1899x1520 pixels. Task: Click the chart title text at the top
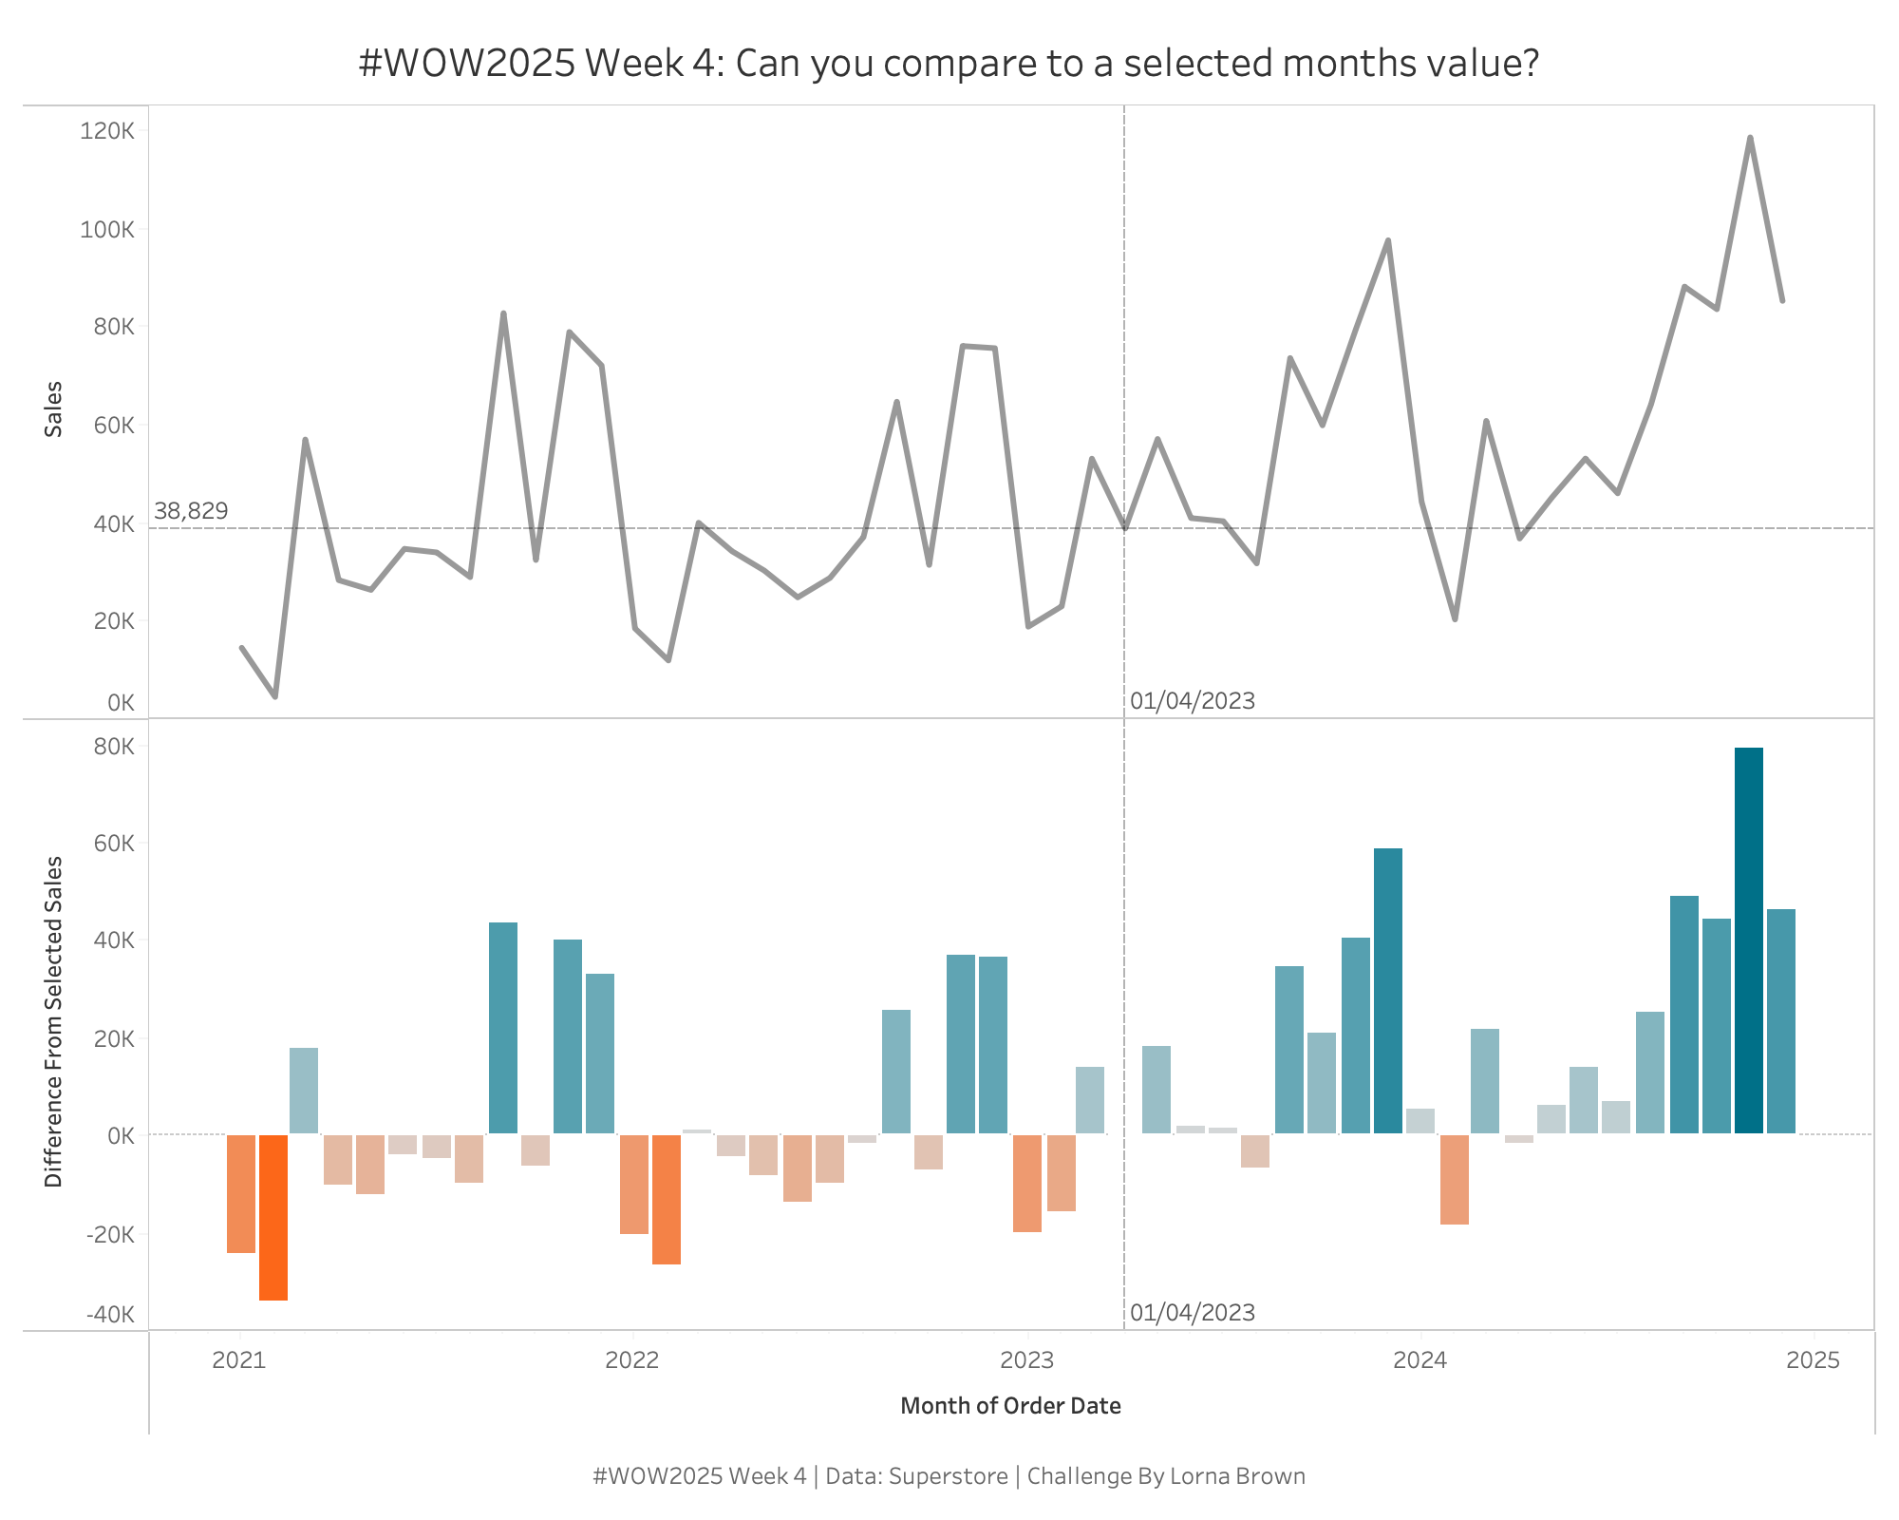pos(948,65)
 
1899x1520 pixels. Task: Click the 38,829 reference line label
pos(191,511)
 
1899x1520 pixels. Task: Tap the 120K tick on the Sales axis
pos(107,131)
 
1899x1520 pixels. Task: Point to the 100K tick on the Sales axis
pos(107,230)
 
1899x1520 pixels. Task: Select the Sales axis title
pos(54,408)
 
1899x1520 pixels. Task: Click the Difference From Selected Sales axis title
pos(54,1021)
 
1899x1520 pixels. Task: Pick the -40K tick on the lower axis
pos(110,1315)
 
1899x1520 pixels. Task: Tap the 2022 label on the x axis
pos(632,1360)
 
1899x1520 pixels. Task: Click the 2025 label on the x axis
pos(1813,1360)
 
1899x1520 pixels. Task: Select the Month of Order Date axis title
pos(1010,1406)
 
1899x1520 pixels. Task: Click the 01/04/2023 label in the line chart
pos(1193,701)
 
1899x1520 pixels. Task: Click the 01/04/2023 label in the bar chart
pos(1193,1313)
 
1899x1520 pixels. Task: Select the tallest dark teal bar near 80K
pos(1749,940)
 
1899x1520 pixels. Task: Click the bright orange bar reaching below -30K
pos(273,1217)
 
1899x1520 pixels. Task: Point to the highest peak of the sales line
pos(1749,139)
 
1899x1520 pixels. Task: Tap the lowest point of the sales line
pos(275,696)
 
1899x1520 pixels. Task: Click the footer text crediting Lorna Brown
pos(948,1476)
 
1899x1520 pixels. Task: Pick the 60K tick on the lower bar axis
pos(115,844)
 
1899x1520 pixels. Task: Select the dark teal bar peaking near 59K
pos(1388,990)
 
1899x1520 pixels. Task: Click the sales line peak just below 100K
pos(1388,241)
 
